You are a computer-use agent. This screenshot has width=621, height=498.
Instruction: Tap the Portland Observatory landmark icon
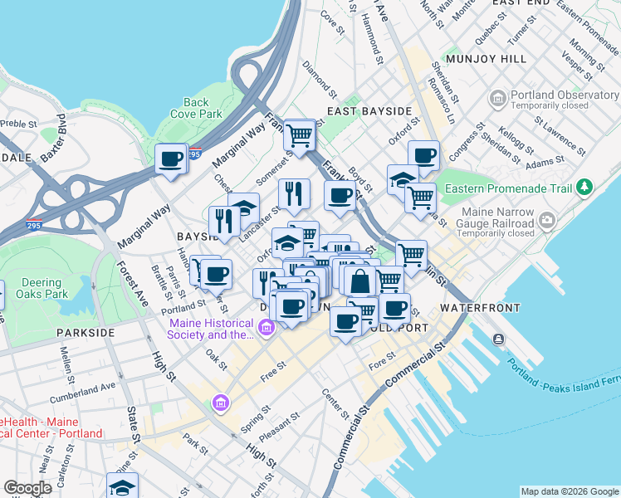[x=498, y=100]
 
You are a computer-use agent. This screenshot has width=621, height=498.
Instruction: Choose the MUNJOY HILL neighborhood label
[x=486, y=60]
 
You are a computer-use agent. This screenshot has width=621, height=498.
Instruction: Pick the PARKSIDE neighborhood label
[x=85, y=332]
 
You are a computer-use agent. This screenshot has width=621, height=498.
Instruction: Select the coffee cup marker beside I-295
[x=171, y=159]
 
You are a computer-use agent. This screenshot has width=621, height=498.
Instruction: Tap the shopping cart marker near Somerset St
[x=299, y=134]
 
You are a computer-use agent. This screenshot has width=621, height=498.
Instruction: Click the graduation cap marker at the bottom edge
[x=122, y=486]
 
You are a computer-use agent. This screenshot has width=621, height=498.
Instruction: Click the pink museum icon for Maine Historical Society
[x=266, y=330]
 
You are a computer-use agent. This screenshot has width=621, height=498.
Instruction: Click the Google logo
[x=27, y=488]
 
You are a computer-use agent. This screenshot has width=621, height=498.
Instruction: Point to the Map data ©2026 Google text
[x=569, y=491]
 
